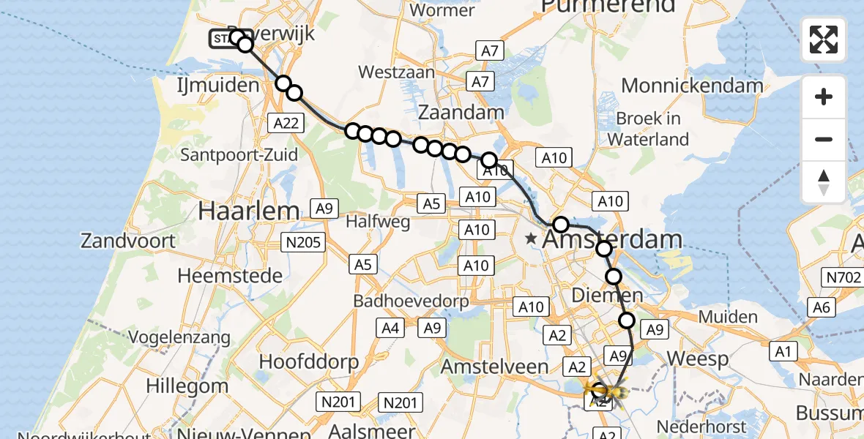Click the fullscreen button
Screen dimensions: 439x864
(x=824, y=40)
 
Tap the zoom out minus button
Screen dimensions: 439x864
(x=824, y=139)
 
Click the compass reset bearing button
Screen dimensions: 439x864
(x=824, y=181)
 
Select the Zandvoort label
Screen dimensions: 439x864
(x=128, y=241)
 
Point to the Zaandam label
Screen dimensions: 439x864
(x=461, y=112)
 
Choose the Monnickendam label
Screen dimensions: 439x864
(x=692, y=86)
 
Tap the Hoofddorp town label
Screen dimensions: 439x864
(x=309, y=361)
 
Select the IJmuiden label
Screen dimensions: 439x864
(x=218, y=86)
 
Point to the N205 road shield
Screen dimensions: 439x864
(x=304, y=242)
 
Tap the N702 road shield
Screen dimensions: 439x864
(x=842, y=277)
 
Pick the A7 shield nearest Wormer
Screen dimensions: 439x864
(x=490, y=51)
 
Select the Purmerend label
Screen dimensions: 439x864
(x=608, y=7)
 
